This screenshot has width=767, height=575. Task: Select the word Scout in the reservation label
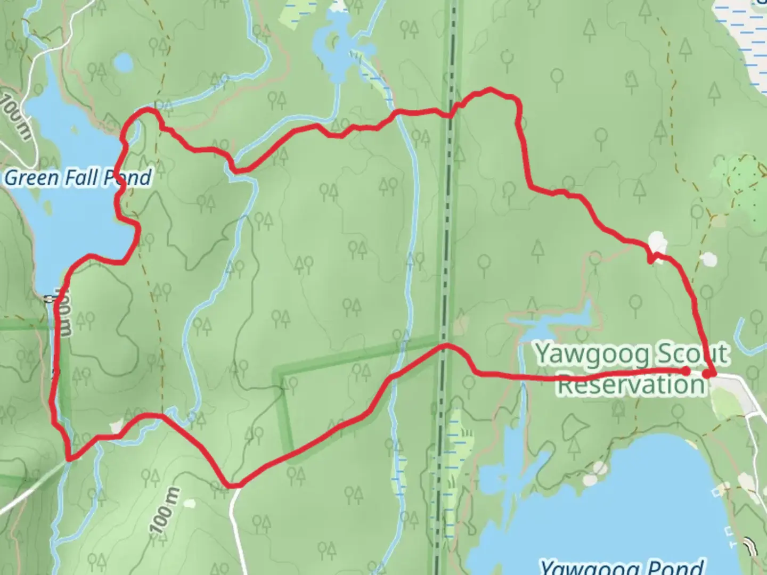692,354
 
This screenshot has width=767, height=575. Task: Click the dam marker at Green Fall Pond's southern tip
51,299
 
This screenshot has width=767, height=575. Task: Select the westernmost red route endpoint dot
687,371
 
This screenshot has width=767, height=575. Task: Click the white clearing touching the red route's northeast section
657,242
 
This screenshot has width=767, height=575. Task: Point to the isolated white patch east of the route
708,259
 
